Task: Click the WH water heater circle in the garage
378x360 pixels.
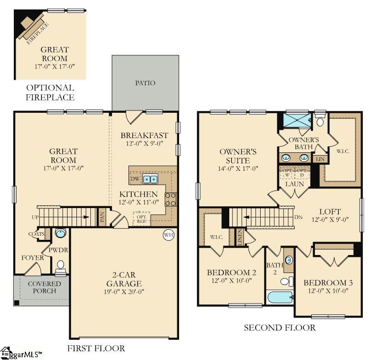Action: [168, 235]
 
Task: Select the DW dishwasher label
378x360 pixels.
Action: [134, 179]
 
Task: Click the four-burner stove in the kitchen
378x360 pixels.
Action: [170, 199]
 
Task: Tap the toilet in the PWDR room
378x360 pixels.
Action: [60, 266]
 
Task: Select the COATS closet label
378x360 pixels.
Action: [36, 234]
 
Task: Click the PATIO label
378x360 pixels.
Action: [145, 83]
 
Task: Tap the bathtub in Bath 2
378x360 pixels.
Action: [280, 297]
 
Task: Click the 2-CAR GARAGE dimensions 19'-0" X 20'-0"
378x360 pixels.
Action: [124, 292]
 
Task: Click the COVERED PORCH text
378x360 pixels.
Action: [44, 287]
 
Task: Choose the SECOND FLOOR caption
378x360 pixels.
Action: [279, 328]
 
